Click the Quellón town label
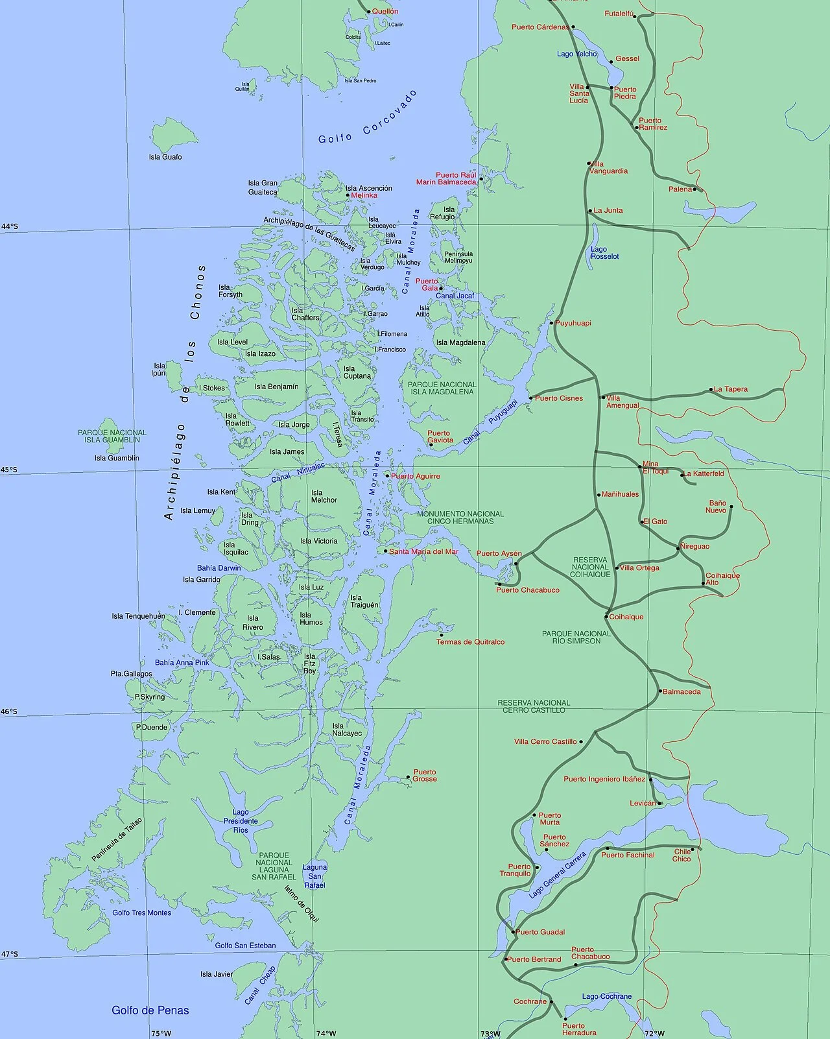pyautogui.click(x=385, y=12)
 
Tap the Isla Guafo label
pyautogui.click(x=165, y=157)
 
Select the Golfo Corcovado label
pyautogui.click(x=368, y=117)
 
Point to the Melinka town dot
pyautogui.click(x=348, y=195)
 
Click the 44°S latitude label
pyautogui.click(x=10, y=226)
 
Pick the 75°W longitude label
pyautogui.click(x=161, y=1033)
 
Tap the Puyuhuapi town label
pyautogui.click(x=573, y=323)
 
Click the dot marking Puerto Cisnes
pyautogui.click(x=530, y=398)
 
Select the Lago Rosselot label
pyautogui.click(x=604, y=253)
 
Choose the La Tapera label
pyautogui.click(x=731, y=389)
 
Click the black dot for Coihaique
pyautogui.click(x=607, y=617)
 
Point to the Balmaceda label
pyautogui.click(x=682, y=692)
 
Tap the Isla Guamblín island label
pyautogui.click(x=117, y=458)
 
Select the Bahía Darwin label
pyautogui.click(x=219, y=568)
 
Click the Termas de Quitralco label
pyautogui.click(x=470, y=642)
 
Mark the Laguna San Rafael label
pyautogui.click(x=314, y=876)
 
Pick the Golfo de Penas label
pyautogui.click(x=150, y=1010)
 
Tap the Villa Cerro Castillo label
pyautogui.click(x=545, y=742)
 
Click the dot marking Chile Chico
pyautogui.click(x=693, y=849)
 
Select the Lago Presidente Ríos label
pyautogui.click(x=241, y=821)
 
